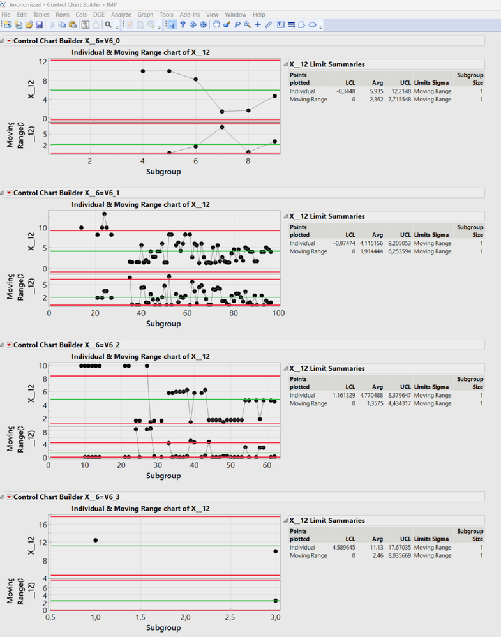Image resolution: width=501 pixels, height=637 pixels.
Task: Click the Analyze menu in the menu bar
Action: [121, 14]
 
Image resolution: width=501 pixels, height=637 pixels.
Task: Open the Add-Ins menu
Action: [190, 14]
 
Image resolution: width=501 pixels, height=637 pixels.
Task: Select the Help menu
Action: [258, 14]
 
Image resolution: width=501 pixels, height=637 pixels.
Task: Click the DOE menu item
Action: [99, 14]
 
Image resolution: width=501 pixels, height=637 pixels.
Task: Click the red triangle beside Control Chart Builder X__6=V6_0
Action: [9, 41]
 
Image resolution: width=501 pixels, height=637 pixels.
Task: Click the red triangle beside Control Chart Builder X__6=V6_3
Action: [9, 497]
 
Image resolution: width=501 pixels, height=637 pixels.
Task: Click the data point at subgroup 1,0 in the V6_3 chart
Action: [96, 540]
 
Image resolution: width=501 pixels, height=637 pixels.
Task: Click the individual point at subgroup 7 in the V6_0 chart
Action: [222, 112]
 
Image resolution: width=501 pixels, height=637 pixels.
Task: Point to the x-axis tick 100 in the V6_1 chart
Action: [278, 313]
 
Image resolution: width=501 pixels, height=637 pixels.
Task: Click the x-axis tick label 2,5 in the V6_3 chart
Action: [230, 617]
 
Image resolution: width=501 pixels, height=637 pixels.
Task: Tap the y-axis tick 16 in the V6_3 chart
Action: [43, 525]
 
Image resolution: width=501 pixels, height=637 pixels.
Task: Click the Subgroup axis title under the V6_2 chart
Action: [163, 476]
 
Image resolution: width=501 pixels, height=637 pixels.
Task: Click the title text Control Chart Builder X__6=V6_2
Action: [66, 345]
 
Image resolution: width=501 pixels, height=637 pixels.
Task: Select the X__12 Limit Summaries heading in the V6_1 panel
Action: [327, 216]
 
